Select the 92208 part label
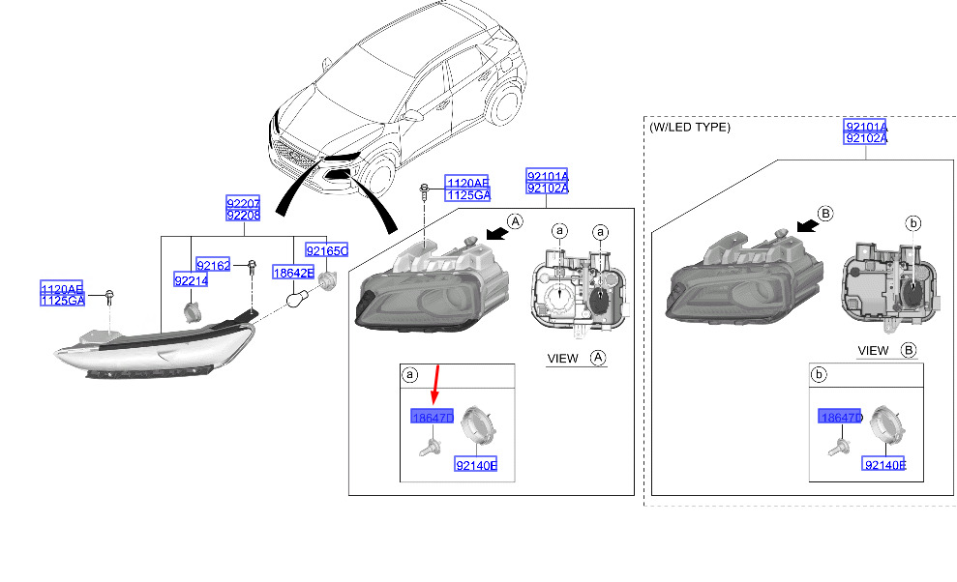tap(243, 216)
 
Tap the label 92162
tap(213, 265)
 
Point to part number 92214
tap(191, 280)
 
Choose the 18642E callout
tap(292, 274)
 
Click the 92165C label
tap(326, 250)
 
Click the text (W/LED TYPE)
tap(690, 127)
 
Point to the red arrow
tap(435, 383)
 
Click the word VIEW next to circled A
tap(562, 359)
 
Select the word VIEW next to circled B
tap(873, 350)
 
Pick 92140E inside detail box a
tap(476, 466)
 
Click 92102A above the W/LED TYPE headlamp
tap(865, 138)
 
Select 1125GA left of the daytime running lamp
tap(63, 301)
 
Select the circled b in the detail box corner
tap(820, 373)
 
